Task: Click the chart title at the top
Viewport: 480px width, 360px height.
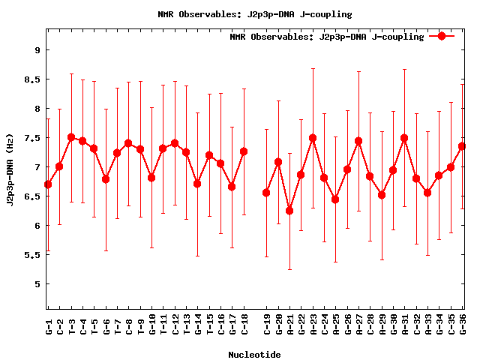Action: tap(255, 14)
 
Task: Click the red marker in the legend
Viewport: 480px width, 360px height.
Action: tap(442, 36)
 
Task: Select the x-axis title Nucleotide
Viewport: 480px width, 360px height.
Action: tap(254, 355)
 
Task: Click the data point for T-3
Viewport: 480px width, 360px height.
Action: tap(71, 137)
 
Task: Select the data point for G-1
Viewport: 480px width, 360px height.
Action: tap(48, 184)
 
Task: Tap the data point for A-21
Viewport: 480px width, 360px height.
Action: tap(289, 211)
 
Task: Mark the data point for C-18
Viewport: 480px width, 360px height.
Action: tap(244, 151)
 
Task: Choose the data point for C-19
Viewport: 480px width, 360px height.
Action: tap(266, 193)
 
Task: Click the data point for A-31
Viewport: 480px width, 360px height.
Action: tap(405, 138)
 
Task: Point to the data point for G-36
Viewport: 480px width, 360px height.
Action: tap(463, 146)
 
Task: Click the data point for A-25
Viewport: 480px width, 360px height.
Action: tap(335, 199)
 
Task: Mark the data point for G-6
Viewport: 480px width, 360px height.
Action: tap(106, 179)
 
